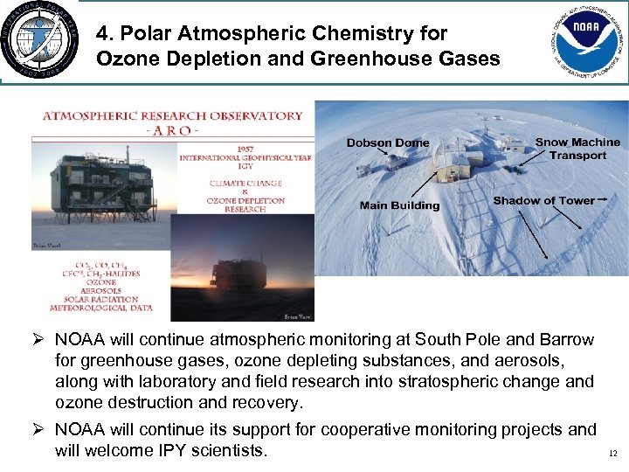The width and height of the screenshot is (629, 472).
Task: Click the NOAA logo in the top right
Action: [583, 41]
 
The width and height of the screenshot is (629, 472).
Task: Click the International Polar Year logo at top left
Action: [38, 41]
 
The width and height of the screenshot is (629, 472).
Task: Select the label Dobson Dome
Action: [387, 143]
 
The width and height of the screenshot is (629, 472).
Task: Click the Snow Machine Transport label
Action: [577, 149]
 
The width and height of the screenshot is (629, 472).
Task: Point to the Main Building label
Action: [399, 205]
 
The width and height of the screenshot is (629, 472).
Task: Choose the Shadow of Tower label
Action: [543, 201]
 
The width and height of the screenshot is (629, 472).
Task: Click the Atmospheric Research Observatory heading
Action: [172, 115]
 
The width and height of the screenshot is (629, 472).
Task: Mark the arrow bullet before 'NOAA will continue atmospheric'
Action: [39, 339]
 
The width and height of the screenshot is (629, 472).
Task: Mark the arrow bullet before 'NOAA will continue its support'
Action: [39, 430]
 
